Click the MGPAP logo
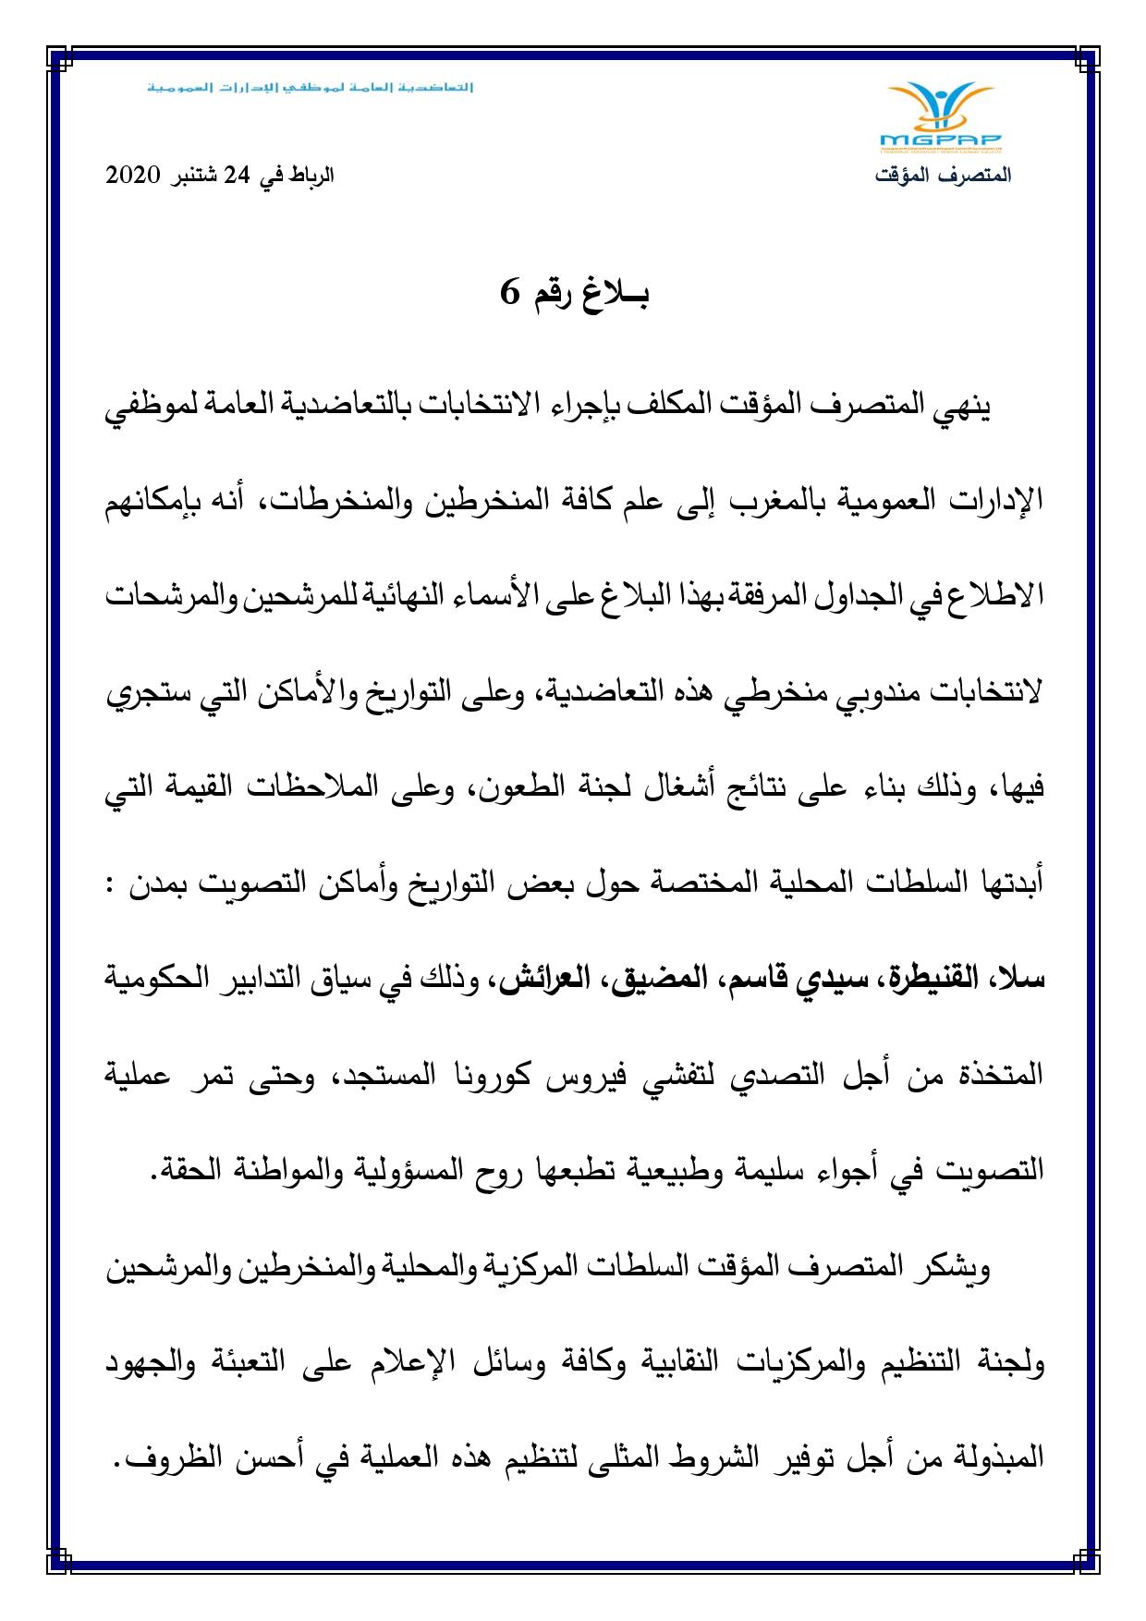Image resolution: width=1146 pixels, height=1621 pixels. tap(941, 117)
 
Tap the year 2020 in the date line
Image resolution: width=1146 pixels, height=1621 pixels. tap(135, 176)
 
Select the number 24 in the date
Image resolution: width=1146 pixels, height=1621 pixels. tap(238, 176)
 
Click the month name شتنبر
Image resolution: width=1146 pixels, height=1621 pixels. tap(195, 176)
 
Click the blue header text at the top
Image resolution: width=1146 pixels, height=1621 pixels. tap(311, 89)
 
